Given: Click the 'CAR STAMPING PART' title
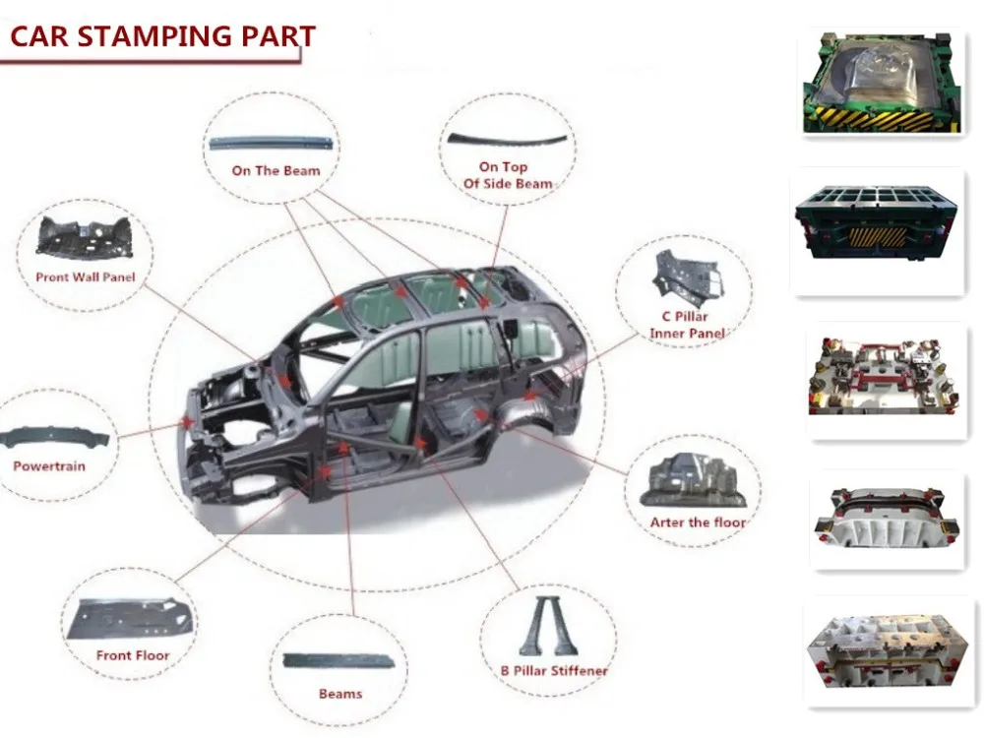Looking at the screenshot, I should pyautogui.click(x=162, y=37).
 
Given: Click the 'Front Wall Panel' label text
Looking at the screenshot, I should pyautogui.click(x=85, y=277).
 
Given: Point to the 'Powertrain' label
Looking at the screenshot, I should pyautogui.click(x=48, y=464).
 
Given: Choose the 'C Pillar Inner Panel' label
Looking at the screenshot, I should pyautogui.click(x=687, y=325).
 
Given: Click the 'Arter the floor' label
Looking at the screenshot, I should pyautogui.click(x=698, y=522).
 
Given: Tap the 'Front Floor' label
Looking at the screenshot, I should pyautogui.click(x=133, y=655).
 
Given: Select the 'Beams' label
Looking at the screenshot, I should pyautogui.click(x=340, y=694).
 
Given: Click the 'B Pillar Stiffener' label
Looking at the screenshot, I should pyautogui.click(x=553, y=671).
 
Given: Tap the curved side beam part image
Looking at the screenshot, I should pyautogui.click(x=507, y=138).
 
